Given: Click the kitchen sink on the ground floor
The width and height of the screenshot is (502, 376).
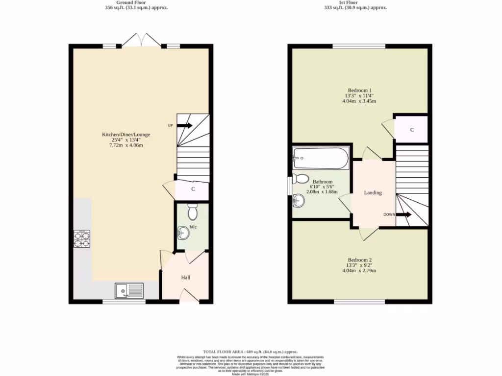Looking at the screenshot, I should coord(129,291).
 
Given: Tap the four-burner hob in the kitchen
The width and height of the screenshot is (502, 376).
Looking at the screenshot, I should coord(82,239).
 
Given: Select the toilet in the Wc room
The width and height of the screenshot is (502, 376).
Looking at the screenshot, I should coord(192,212).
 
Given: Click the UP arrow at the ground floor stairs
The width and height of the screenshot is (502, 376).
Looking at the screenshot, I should coord(184,125).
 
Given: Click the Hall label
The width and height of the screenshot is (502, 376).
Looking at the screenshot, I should coord(186,278).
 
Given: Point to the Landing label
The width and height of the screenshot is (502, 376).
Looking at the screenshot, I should coord(373,193).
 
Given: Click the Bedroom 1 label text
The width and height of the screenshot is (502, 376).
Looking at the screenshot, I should coord(359,90).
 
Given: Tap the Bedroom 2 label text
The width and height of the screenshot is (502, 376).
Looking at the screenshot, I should coord(359,260).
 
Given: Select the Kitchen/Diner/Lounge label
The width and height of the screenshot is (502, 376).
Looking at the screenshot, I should coord(125,135).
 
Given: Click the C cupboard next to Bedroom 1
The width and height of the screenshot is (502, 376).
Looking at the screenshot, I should coord(412,130).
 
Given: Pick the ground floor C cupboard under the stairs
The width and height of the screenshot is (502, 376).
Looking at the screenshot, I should coord(193,189).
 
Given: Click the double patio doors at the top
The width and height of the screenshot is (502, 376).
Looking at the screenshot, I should coord(141,41).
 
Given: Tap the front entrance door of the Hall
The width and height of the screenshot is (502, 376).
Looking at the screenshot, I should coord(186,296).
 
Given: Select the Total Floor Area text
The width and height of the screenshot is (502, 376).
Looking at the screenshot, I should coord(251,352).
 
